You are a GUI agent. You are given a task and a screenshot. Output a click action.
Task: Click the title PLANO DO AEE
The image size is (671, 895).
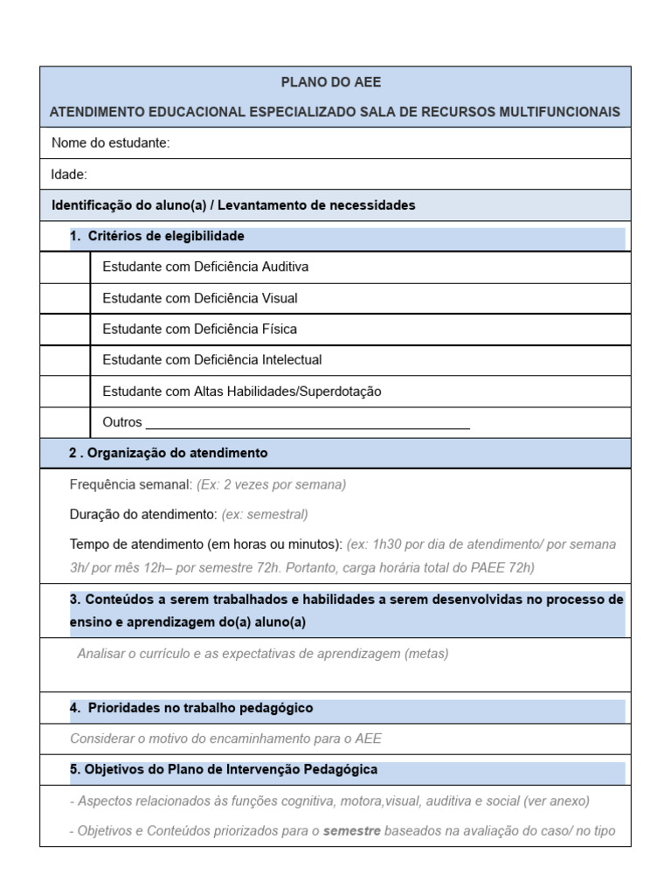click(x=331, y=82)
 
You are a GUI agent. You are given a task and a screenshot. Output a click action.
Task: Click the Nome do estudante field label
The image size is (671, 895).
click(x=110, y=143)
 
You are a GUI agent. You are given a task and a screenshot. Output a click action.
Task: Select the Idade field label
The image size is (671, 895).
click(x=69, y=175)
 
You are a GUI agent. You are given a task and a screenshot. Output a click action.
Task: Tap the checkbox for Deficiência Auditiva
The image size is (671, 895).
click(x=65, y=267)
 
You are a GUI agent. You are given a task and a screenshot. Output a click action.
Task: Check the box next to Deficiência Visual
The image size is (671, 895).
click(x=65, y=299)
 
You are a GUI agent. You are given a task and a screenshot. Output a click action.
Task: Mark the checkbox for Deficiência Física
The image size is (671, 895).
click(x=65, y=330)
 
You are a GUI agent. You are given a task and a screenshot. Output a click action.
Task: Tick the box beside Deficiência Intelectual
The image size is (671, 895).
click(x=65, y=360)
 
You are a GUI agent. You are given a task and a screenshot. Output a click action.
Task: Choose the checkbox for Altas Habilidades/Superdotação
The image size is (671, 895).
click(x=65, y=392)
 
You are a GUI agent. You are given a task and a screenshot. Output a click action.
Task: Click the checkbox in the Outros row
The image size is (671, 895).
click(x=65, y=422)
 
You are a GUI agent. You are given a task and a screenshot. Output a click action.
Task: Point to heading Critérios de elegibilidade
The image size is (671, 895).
click(x=166, y=237)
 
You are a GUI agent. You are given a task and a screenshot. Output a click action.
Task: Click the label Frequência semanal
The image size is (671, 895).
click(x=130, y=484)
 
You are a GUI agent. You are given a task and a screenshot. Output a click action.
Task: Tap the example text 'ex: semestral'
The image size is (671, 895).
click(x=265, y=515)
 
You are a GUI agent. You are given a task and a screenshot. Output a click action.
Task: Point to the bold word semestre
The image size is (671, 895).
click(x=351, y=831)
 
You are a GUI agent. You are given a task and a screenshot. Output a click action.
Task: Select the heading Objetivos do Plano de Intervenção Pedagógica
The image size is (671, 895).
click(x=231, y=770)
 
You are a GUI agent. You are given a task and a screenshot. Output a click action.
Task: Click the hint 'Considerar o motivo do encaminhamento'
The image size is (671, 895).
click(x=225, y=739)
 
